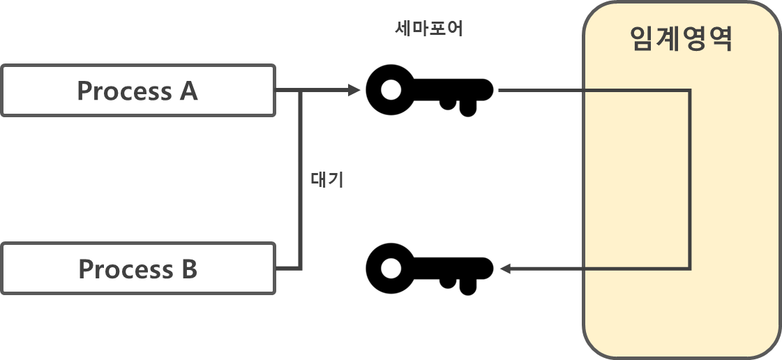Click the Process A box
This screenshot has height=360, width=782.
[x=137, y=91]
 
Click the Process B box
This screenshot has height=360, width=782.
[x=137, y=269]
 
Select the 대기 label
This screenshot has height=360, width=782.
[x=327, y=179]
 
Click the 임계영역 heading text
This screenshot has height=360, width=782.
[x=681, y=39]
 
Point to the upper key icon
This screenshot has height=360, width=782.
[x=429, y=90]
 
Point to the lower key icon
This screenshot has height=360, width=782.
[x=429, y=268]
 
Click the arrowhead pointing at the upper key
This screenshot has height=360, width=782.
[x=354, y=90]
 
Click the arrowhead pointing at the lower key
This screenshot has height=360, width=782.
[x=506, y=269]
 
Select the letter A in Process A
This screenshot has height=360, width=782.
[x=188, y=91]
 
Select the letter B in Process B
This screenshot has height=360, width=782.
[x=188, y=269]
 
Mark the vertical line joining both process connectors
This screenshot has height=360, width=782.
[x=301, y=209]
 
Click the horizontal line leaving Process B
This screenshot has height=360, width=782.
[x=288, y=268]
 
